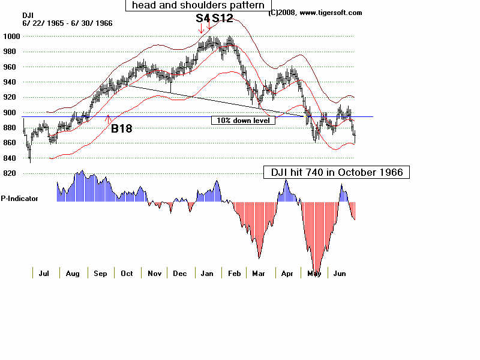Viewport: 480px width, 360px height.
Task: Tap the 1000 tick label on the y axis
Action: (x=13, y=36)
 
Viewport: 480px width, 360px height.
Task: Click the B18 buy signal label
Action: (x=121, y=128)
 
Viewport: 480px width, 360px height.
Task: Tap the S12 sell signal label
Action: (x=222, y=18)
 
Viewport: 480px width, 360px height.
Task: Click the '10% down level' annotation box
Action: (x=243, y=121)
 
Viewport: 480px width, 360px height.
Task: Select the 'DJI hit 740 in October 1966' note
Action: (x=337, y=173)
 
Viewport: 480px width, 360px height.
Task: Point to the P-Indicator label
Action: (x=20, y=198)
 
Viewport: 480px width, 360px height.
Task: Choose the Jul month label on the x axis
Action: (x=44, y=274)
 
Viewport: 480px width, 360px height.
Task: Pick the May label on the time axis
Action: (x=314, y=274)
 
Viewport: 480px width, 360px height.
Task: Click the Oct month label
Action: (x=126, y=274)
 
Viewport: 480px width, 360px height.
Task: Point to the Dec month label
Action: (x=180, y=274)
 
